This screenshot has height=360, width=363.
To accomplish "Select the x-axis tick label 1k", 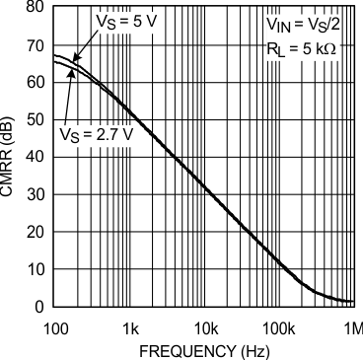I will point(130,325).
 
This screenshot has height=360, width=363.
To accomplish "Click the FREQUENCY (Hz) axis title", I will point(203,350).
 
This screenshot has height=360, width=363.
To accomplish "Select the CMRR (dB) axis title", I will point(9,158).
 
